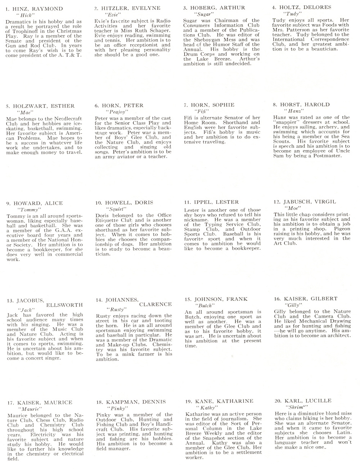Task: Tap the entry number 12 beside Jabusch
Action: (277, 202)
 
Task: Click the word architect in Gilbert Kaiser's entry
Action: (336, 335)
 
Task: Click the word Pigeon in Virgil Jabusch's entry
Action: (342, 229)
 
